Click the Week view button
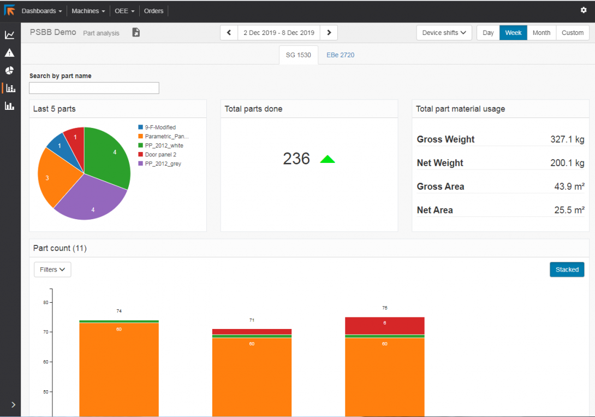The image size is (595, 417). pos(513,33)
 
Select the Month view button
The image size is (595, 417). pos(541,33)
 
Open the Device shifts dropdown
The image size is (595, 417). pos(444,33)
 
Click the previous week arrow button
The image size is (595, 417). pos(229,33)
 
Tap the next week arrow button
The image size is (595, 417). pos(329,33)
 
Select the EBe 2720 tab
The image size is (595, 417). pos(341,55)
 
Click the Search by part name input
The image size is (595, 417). pos(94,88)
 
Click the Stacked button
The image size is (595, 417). pos(567,269)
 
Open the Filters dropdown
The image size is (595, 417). pos(52,269)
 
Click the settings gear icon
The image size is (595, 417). pos(584,10)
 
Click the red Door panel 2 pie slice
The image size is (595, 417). pos(75,139)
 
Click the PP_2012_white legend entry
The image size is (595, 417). pos(164,145)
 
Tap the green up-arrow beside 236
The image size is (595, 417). pos(328,159)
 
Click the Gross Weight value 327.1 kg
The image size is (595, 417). pos(567,139)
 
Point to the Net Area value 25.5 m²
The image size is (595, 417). pos(569,210)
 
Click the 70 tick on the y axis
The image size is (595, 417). pos(46,332)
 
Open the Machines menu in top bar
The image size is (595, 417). pos(88,11)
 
